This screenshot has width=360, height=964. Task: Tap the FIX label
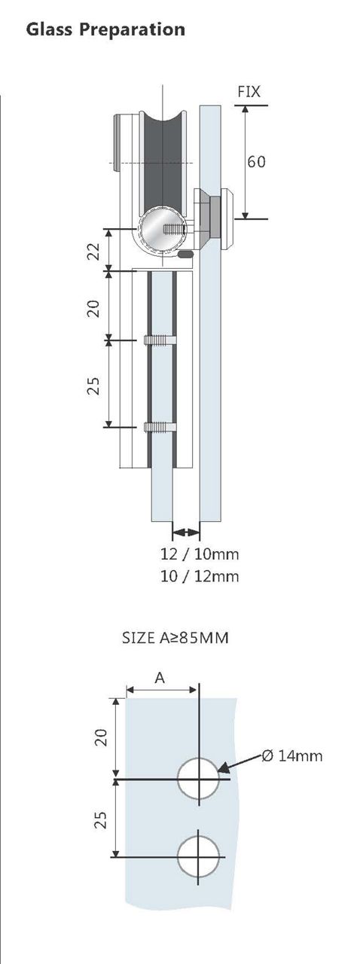[249, 93]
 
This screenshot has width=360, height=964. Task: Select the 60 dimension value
[256, 161]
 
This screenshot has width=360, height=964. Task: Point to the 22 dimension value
[93, 250]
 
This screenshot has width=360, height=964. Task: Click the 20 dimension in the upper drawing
[93, 307]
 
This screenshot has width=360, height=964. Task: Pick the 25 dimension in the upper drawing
[93, 386]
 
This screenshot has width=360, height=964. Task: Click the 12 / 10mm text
[200, 555]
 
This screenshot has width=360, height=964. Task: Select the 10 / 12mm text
[200, 577]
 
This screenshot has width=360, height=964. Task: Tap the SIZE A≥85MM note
[175, 638]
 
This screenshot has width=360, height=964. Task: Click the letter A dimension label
[160, 678]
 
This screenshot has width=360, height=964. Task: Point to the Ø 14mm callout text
[292, 755]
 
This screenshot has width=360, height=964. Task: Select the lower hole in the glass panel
[199, 856]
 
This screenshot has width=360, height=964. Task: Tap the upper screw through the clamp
[161, 340]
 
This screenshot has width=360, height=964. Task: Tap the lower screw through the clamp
[161, 427]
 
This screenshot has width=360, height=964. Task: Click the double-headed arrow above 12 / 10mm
[186, 533]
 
